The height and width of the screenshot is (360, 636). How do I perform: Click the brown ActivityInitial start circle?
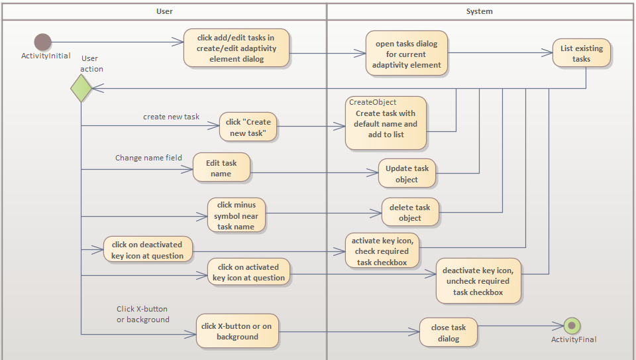42,42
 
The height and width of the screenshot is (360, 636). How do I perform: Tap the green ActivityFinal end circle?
572,325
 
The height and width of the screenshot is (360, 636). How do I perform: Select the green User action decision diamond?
81,88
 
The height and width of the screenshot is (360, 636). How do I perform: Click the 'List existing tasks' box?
581,53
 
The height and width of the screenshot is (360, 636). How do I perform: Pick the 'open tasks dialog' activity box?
406,54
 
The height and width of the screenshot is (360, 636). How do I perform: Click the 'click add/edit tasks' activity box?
237,48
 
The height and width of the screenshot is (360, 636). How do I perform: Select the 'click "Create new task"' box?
248,127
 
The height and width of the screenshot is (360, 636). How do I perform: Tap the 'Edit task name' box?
221,168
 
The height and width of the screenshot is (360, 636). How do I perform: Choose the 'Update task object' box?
407,174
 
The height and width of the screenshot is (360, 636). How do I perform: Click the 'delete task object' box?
409,212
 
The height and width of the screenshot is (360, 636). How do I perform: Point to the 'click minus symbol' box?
236,215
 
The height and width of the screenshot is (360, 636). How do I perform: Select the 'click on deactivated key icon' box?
148,250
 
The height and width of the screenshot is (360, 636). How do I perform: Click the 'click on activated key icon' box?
248,272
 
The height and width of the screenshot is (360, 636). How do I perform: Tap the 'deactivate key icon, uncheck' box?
478,280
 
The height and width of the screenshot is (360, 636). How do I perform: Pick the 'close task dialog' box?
448,332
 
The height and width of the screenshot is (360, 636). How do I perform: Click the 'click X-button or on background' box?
237,331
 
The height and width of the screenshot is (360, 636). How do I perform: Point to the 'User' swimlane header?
164,11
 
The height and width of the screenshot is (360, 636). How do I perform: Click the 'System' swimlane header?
479,11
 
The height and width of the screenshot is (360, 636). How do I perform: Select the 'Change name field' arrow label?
148,158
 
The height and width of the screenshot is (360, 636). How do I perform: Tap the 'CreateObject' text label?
373,102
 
